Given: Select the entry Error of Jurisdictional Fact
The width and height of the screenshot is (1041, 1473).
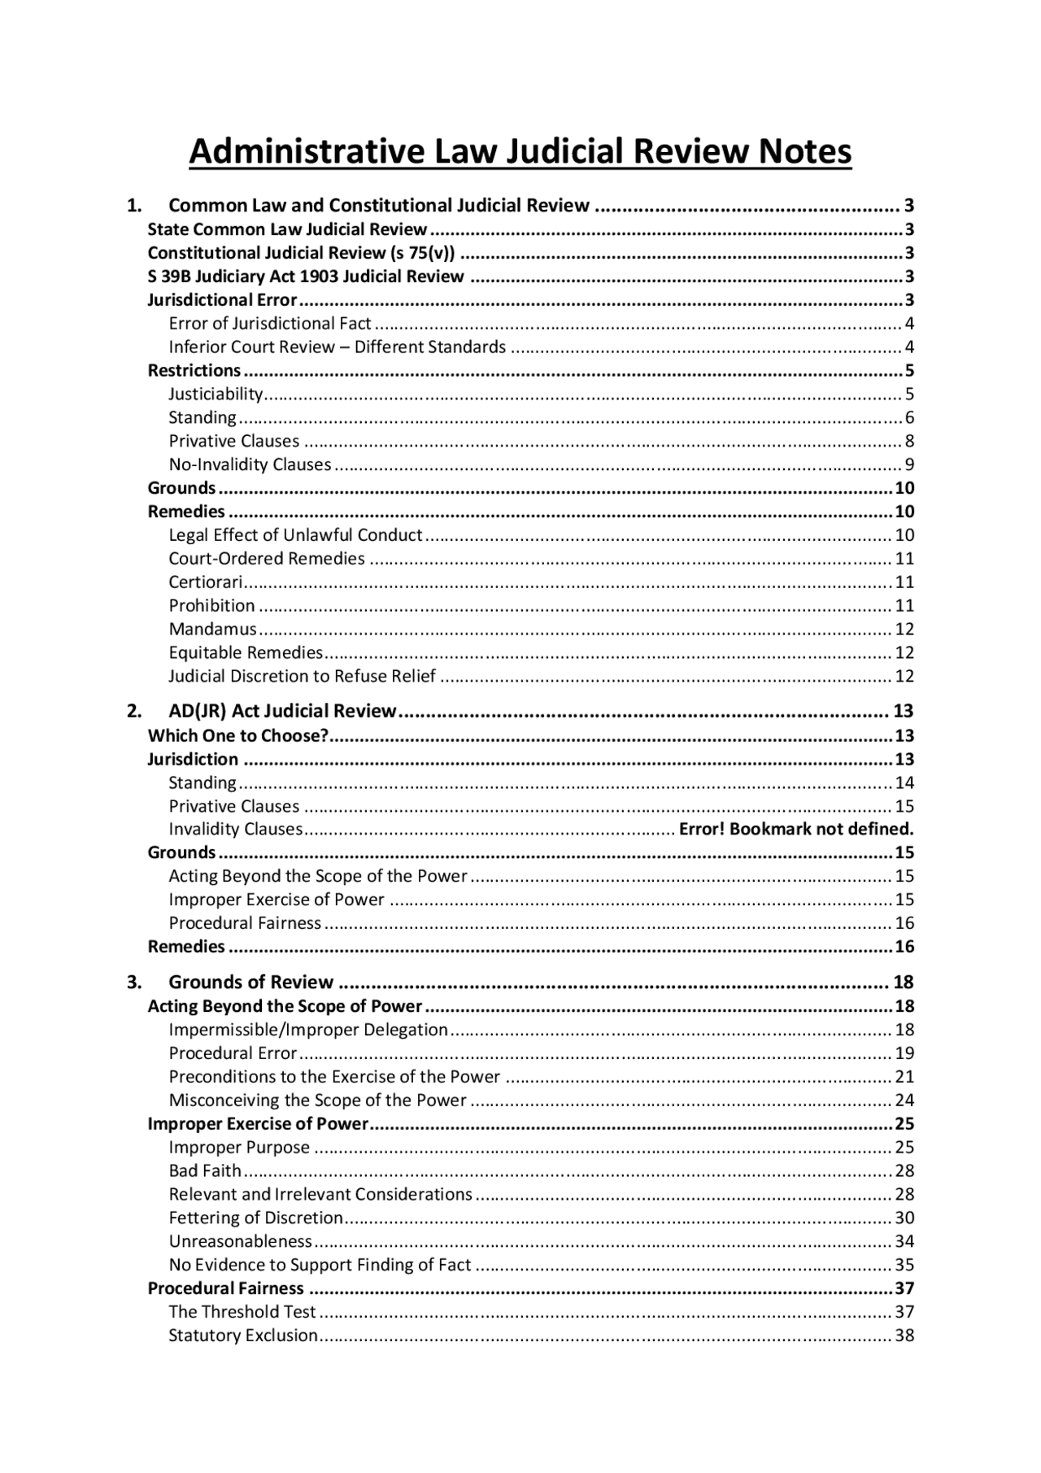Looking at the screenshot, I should [x=269, y=324].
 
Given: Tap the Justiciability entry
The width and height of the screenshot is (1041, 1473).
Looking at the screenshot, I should [x=216, y=394].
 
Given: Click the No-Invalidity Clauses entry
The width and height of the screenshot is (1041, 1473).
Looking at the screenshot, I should [x=250, y=465].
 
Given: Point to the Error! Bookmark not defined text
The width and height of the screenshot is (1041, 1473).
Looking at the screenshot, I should [x=796, y=830].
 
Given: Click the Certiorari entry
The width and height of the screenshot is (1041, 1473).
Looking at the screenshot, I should [x=206, y=582].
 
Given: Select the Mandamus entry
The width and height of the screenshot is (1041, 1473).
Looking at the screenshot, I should [x=212, y=630].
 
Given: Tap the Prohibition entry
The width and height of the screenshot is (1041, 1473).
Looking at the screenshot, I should [x=211, y=606].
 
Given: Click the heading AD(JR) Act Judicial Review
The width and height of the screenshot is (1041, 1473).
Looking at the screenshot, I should [x=282, y=712].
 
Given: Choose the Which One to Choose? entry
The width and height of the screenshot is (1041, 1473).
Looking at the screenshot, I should [x=237, y=736].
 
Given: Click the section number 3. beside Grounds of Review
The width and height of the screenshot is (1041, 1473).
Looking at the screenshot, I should [x=134, y=983].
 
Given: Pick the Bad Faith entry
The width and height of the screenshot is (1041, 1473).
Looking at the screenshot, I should [x=205, y=1171].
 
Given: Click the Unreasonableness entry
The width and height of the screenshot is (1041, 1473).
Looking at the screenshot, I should [x=240, y=1242].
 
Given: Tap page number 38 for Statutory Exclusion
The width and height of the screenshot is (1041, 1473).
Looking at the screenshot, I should [x=904, y=1336].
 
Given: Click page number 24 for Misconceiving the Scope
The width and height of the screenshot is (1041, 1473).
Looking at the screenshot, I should [x=904, y=1101].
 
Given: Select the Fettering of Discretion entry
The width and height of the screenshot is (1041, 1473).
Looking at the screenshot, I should [x=255, y=1218].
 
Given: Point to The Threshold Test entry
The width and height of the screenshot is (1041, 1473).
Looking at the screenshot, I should [x=242, y=1313].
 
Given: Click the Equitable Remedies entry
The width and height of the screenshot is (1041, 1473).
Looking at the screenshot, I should [x=246, y=653].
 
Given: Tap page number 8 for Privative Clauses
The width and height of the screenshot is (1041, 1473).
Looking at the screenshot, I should [x=909, y=442].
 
